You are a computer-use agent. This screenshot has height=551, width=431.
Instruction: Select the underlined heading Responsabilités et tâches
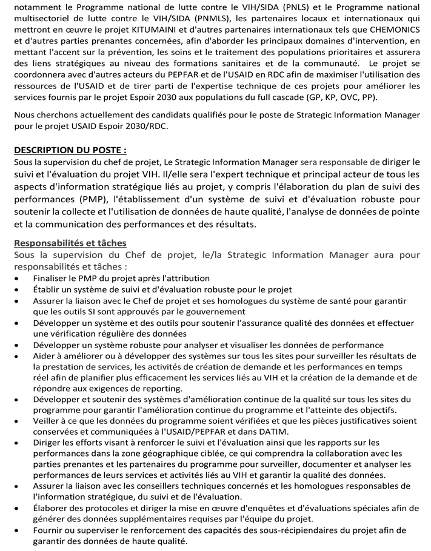(x=70, y=243)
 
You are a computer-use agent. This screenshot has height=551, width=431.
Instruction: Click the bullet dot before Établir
(x=19, y=290)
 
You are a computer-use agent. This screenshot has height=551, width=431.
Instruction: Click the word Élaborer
(x=53, y=507)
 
